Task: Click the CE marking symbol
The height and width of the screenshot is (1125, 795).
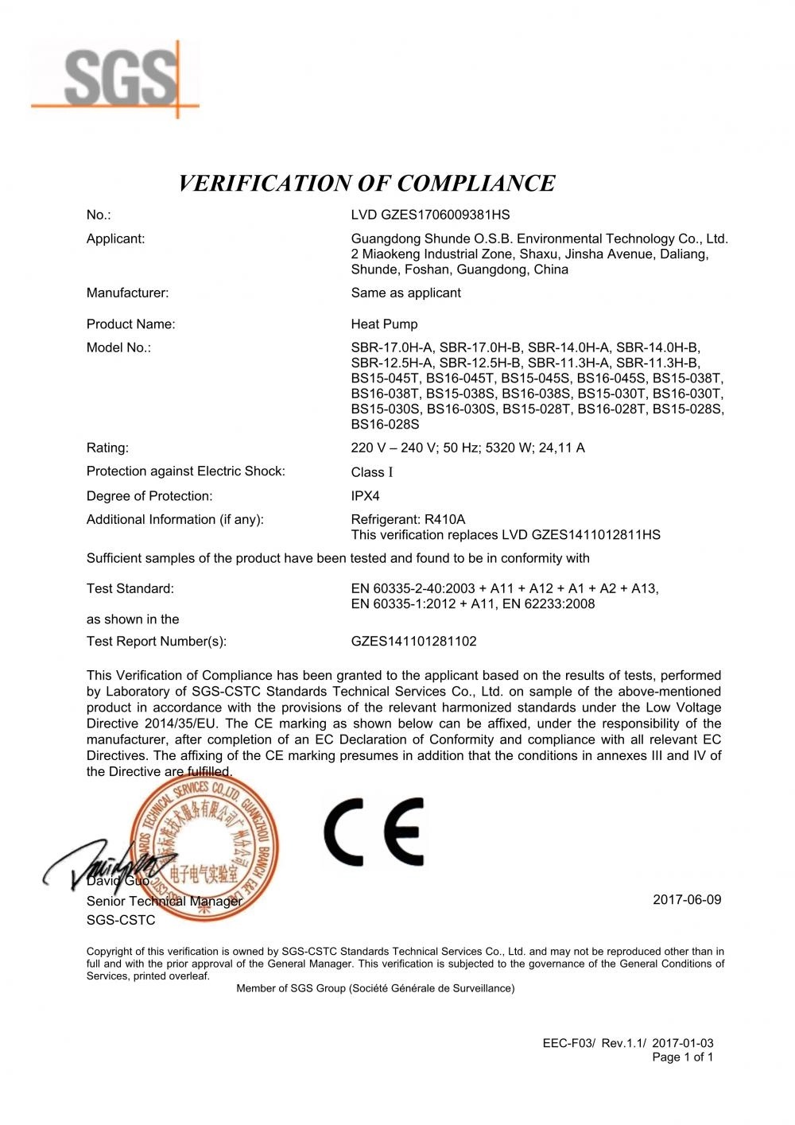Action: (x=374, y=832)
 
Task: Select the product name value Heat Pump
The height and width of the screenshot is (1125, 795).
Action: (x=384, y=324)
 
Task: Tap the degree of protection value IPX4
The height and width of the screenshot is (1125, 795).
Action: (x=365, y=496)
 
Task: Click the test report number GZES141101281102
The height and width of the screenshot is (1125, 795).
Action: (x=413, y=641)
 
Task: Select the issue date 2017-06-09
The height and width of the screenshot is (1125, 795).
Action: (x=687, y=900)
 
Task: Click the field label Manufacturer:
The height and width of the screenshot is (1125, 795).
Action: (x=127, y=293)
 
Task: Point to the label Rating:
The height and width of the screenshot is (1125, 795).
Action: (x=107, y=448)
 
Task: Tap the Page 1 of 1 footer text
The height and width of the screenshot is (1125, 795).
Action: (x=682, y=1057)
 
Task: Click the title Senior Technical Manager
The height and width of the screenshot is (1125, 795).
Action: (x=164, y=902)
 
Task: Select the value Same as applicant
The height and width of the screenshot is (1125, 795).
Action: (x=405, y=293)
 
